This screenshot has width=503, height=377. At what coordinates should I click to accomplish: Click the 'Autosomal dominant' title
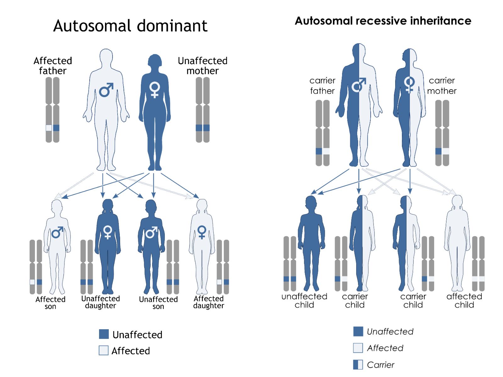click(130, 26)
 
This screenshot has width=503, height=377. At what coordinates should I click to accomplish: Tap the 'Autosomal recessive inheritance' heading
click(383, 21)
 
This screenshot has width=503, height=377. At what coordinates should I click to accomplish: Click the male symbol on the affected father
click(106, 90)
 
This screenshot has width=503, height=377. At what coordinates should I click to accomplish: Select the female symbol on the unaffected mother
click(155, 90)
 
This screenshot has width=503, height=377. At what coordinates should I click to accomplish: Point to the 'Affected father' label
click(53, 66)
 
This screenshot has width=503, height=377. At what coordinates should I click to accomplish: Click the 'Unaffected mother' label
click(202, 66)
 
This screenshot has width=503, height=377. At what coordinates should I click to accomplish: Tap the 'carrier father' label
click(322, 86)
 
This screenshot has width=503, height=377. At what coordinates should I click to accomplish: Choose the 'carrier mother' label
click(442, 86)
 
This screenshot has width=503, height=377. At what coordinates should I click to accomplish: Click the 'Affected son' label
click(50, 303)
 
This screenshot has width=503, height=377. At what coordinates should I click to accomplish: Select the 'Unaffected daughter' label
click(101, 302)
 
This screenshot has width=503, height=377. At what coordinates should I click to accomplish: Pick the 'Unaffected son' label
click(158, 303)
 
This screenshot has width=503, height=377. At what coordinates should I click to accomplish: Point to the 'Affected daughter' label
click(209, 302)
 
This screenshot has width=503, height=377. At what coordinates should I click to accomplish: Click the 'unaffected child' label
click(304, 301)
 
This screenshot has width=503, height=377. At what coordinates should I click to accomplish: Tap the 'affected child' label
click(464, 301)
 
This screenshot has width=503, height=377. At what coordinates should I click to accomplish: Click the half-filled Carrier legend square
click(358, 364)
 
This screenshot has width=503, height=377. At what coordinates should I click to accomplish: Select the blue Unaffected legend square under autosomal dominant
click(104, 334)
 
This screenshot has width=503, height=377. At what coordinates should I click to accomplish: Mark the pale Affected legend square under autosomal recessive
click(358, 348)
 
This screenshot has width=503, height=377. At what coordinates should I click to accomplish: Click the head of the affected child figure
click(457, 201)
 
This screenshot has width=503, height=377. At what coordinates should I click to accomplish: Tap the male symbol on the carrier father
click(359, 85)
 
